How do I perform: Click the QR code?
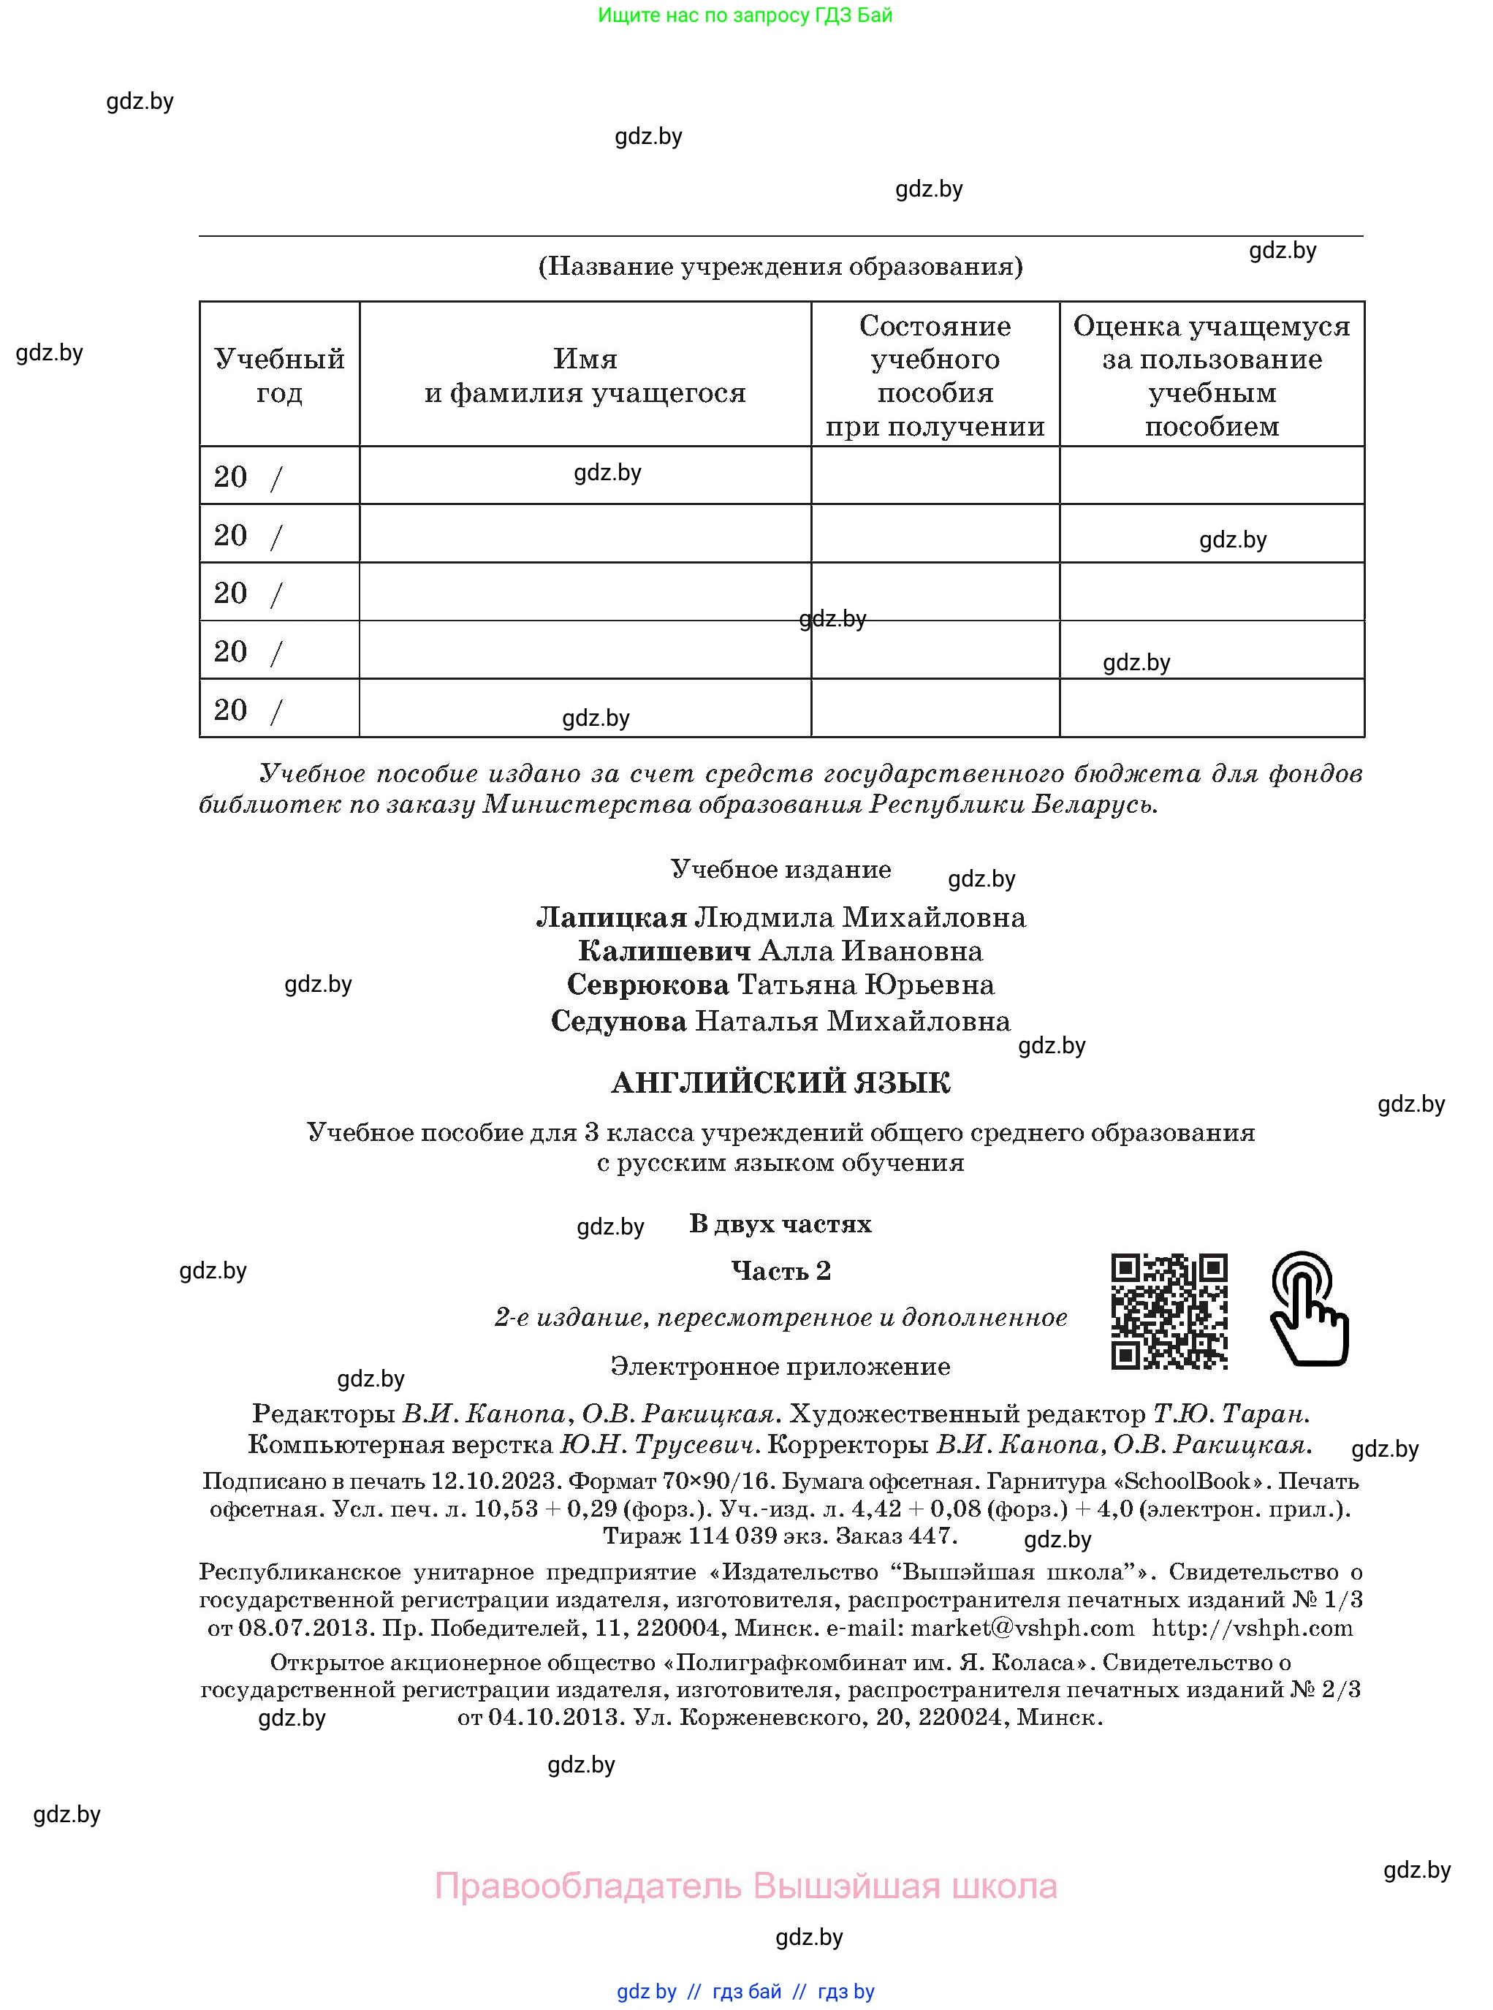[x=1169, y=1311]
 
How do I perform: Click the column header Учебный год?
[x=279, y=375]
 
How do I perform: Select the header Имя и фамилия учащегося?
[x=585, y=375]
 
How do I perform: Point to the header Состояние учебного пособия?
[x=935, y=375]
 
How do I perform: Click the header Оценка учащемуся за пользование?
[x=1211, y=375]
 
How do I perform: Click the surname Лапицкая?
[x=612, y=917]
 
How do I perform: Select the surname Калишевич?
[x=664, y=951]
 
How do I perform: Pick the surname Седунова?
[x=619, y=1021]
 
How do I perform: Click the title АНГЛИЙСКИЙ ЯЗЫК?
[x=780, y=1082]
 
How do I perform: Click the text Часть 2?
[x=780, y=1271]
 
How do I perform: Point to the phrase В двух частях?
[x=780, y=1224]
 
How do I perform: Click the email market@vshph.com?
[x=1022, y=1628]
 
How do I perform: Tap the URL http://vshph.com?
[x=1253, y=1628]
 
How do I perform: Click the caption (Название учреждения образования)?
[x=780, y=266]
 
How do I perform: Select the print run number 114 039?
[x=733, y=1536]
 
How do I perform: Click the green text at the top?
[x=745, y=15]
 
